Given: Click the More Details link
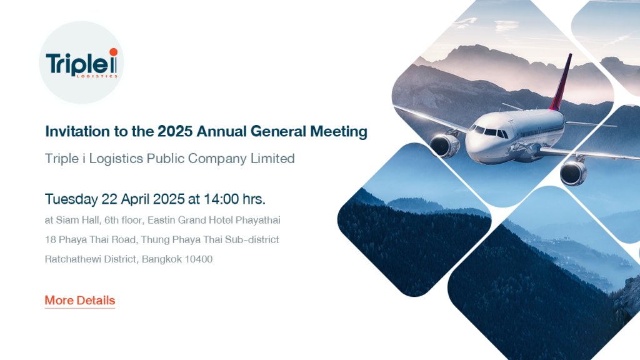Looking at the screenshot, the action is tap(80, 301).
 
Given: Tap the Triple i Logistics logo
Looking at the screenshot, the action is tap(82, 63).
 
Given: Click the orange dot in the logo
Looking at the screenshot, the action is tap(114, 52).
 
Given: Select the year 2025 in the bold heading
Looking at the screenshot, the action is tap(175, 131).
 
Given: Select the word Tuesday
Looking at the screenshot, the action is tap(71, 199).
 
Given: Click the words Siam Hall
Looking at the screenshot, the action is tap(77, 221).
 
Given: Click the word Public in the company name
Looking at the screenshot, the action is tap(165, 158).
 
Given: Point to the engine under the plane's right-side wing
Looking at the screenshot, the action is tap(444, 145).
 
